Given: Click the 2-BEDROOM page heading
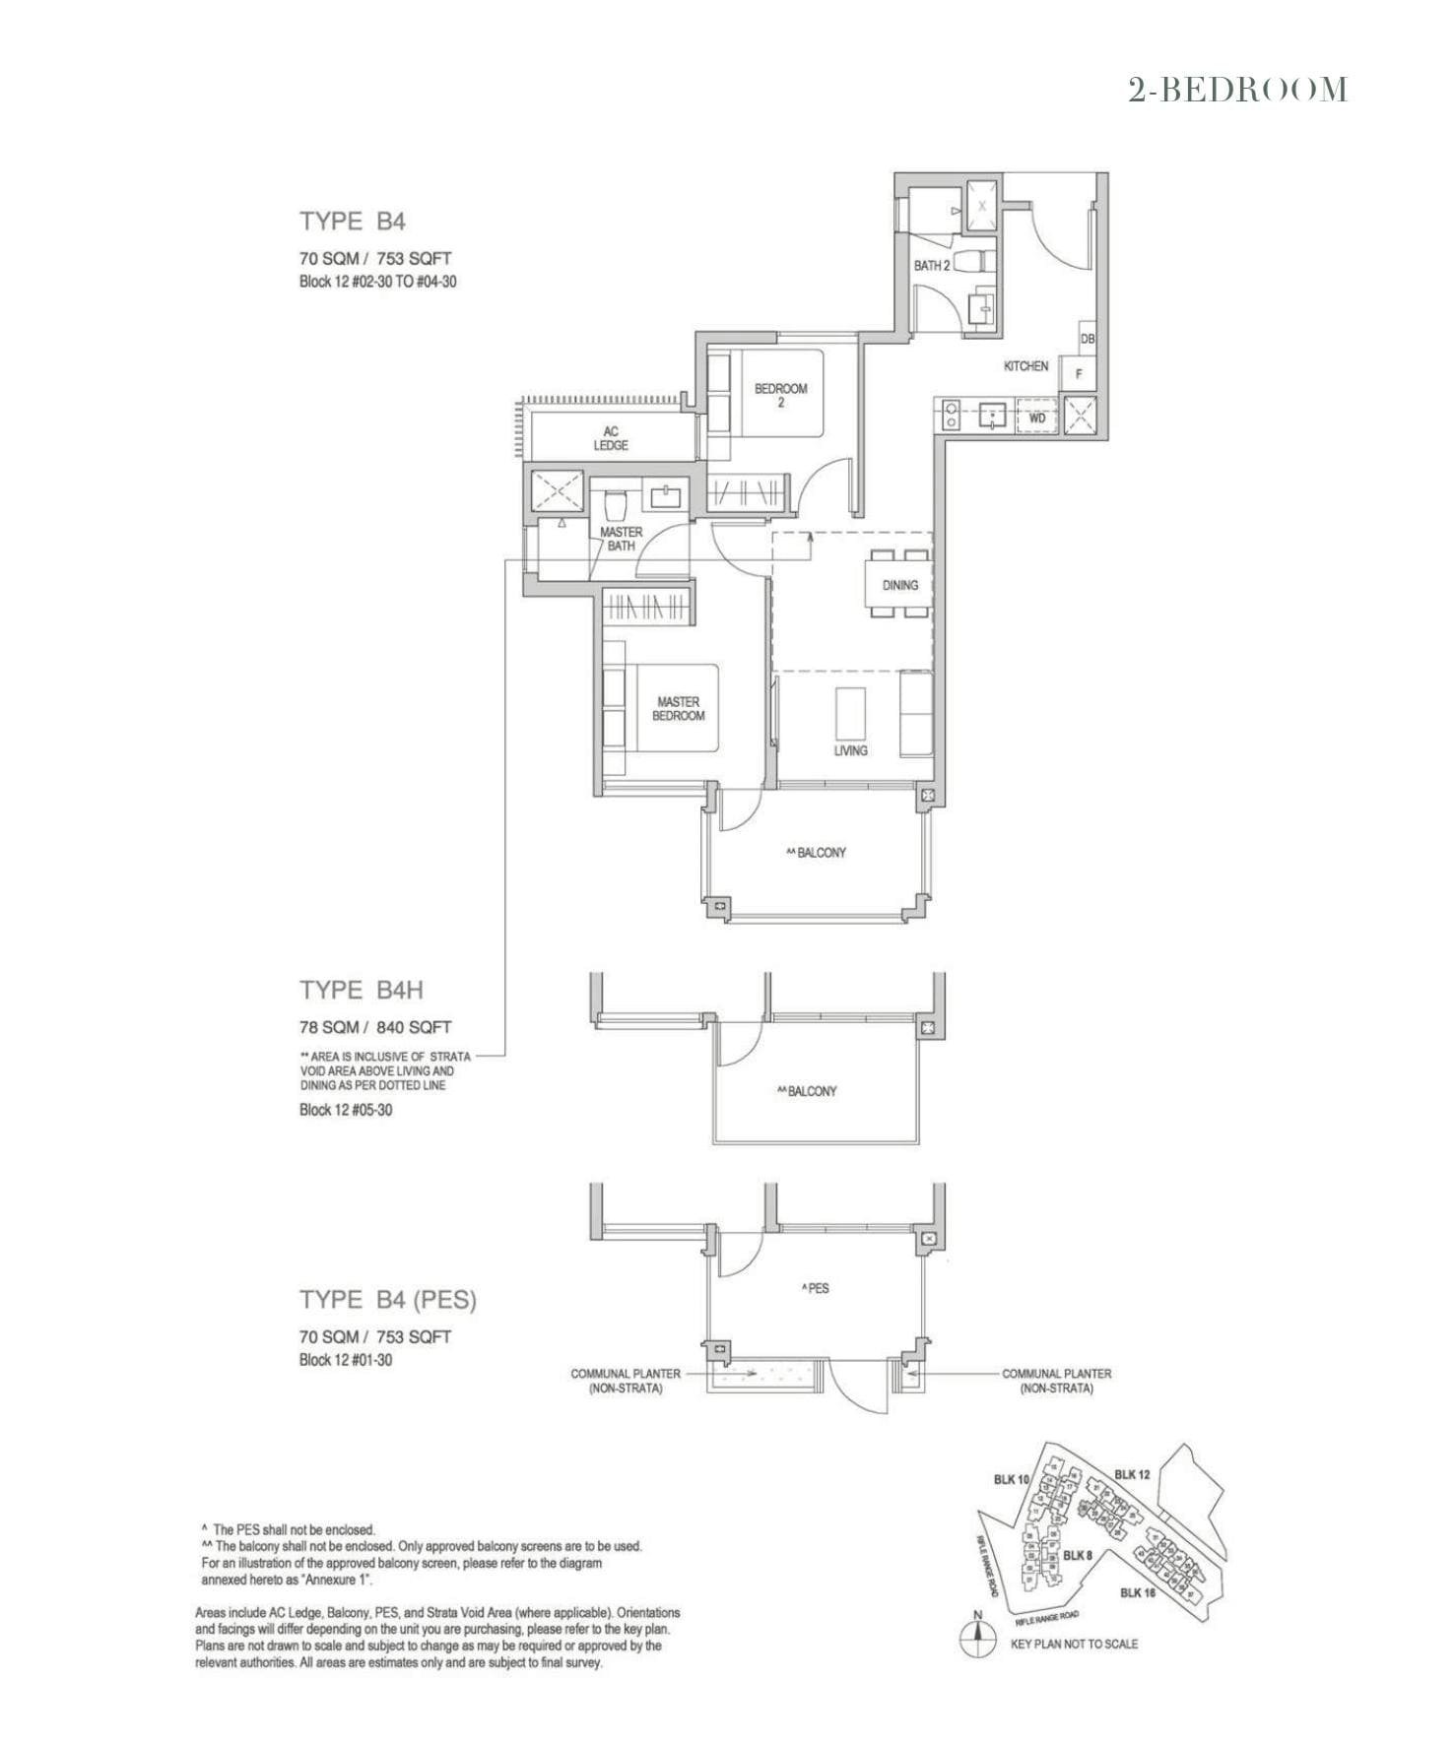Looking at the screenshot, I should click(1237, 91).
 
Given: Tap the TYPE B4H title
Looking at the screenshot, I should click(362, 990).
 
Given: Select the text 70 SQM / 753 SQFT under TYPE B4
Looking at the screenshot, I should click(375, 259).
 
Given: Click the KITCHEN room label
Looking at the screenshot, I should click(1025, 366).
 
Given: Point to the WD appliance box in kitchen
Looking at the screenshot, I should click(1036, 418).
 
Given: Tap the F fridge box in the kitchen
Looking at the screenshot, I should click(1079, 374).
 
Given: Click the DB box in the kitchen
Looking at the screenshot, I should click(1088, 339).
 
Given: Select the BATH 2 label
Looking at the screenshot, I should click(931, 266).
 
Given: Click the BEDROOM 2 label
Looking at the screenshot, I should click(780, 395).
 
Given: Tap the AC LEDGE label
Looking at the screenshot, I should click(611, 438).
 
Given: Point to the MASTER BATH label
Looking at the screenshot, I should click(621, 539).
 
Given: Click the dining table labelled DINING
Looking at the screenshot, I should click(899, 585).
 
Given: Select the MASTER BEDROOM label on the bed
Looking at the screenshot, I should click(678, 709).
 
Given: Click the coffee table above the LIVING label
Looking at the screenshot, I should click(851, 712).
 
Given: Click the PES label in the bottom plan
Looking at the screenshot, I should click(816, 1288).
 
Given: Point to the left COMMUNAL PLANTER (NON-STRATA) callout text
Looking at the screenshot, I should click(626, 1381).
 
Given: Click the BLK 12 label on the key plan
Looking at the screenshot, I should click(1132, 1474).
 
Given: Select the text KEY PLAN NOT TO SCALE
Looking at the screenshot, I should click(1074, 1644).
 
